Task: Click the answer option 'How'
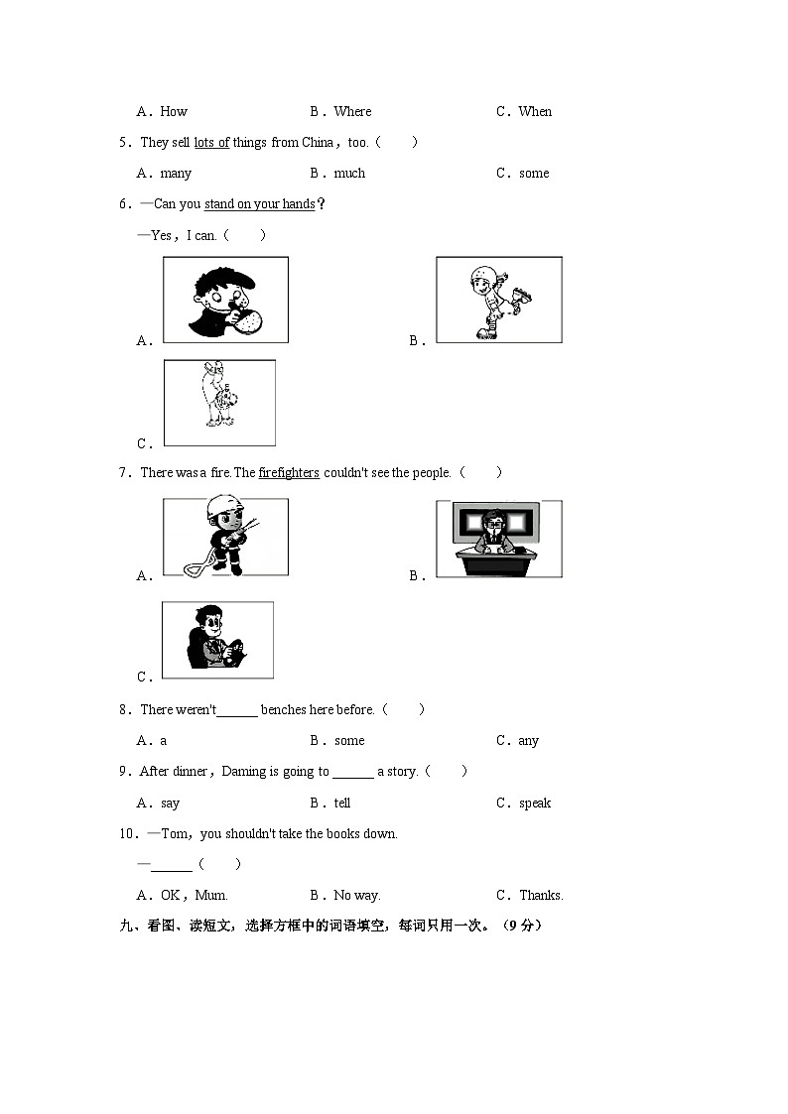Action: coord(174,112)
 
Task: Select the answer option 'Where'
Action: coord(352,112)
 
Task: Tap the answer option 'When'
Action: coord(535,112)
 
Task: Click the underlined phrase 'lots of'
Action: coord(211,143)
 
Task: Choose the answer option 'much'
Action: coord(349,174)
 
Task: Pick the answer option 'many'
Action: coord(176,174)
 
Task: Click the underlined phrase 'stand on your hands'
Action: coord(259,204)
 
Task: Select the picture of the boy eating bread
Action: coord(225,300)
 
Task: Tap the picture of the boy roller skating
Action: coord(498,300)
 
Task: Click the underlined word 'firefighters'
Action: coord(289,473)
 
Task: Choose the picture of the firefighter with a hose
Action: coord(225,537)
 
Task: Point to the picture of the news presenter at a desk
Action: coord(498,539)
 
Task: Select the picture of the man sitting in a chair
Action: coord(217,640)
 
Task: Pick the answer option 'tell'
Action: coord(342,804)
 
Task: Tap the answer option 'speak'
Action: coord(535,804)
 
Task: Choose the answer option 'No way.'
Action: coord(357,896)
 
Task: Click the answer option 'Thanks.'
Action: coord(541,896)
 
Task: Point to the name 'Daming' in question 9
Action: coord(244,772)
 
